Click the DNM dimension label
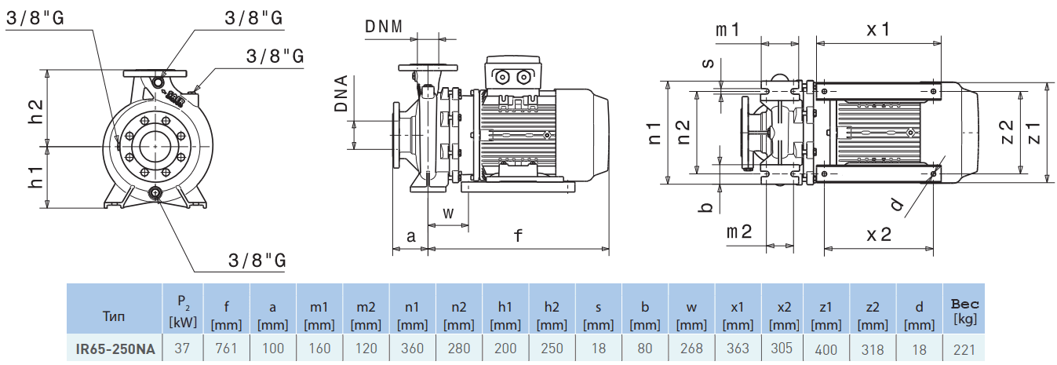(384, 26)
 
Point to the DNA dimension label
(341, 94)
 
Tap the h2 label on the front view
(35, 111)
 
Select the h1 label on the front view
(35, 177)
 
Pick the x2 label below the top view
(879, 233)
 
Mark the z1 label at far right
(1033, 132)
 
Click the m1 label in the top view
(728, 30)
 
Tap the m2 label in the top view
(738, 232)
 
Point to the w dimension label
(448, 212)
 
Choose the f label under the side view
(518, 234)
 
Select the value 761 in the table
(227, 349)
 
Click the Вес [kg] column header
(964, 311)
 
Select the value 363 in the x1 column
(738, 349)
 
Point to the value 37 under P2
(182, 349)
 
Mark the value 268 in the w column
(691, 349)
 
